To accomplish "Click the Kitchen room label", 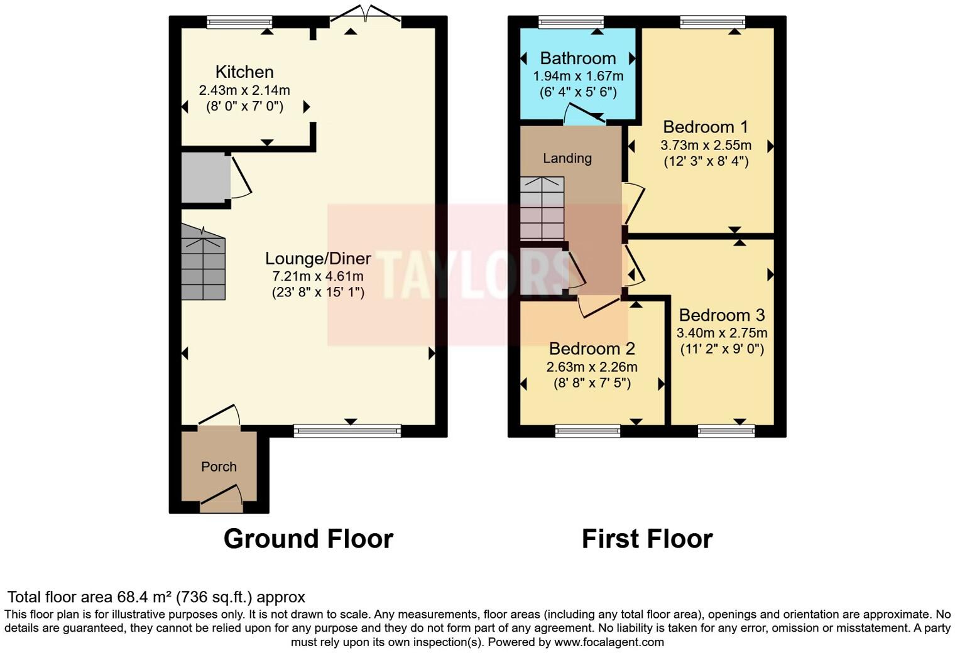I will [x=244, y=72].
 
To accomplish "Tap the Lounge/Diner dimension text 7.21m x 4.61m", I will [x=318, y=276].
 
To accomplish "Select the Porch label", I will [x=219, y=467].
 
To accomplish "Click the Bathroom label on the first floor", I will [x=578, y=58].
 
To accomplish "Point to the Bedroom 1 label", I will [x=706, y=127].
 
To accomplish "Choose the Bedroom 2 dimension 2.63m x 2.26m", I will [x=592, y=367].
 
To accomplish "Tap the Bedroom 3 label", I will [x=722, y=315].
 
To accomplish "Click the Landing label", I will [x=567, y=158].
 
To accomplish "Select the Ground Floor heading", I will [x=308, y=539].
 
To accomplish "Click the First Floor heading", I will [x=647, y=539].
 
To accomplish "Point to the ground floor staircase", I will [x=204, y=264].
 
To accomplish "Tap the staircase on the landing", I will [x=542, y=208].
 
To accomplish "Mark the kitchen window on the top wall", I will [x=239, y=23].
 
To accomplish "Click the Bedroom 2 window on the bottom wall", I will [x=587, y=431].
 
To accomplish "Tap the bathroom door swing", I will [x=583, y=115].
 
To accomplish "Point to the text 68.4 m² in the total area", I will [x=145, y=597].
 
